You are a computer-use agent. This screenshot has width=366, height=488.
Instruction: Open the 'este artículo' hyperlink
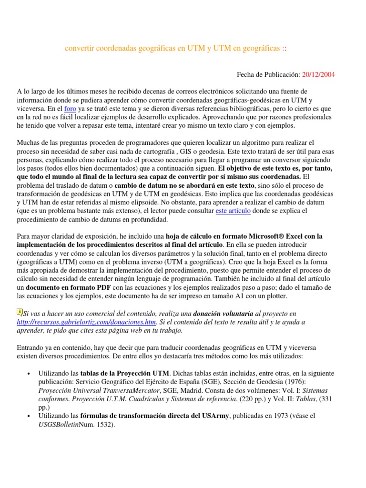point(233,211)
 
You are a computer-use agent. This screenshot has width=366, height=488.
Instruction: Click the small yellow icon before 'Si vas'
point(20,312)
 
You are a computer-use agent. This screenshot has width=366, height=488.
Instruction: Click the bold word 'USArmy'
point(214,416)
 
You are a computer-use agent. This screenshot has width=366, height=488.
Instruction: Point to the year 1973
point(282,416)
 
